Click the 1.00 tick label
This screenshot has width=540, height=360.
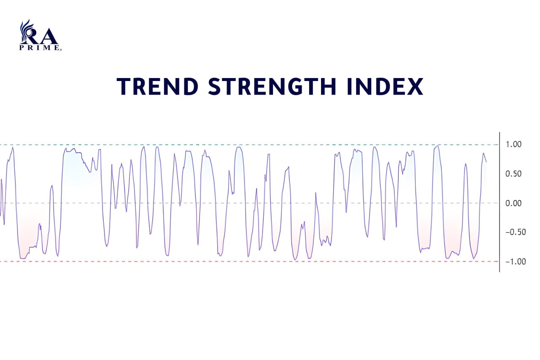[513, 144]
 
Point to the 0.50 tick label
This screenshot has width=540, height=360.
[513, 174]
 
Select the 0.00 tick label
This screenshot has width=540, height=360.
[513, 203]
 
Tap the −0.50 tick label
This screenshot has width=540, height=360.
[516, 232]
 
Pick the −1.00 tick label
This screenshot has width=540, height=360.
[516, 261]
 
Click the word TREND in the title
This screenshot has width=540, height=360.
[158, 87]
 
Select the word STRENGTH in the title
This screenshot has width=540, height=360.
[272, 87]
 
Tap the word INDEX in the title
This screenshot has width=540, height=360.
[386, 87]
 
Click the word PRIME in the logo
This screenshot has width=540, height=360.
[39, 48]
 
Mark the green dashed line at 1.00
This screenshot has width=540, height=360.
[249, 145]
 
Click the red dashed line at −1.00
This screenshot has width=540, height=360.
[249, 261]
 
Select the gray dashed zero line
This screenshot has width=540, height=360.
[249, 203]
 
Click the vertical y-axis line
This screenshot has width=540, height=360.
[499, 202]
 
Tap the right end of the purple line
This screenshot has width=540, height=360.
[486, 162]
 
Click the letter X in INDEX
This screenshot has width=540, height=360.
[415, 87]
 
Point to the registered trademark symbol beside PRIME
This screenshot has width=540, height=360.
[61, 50]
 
